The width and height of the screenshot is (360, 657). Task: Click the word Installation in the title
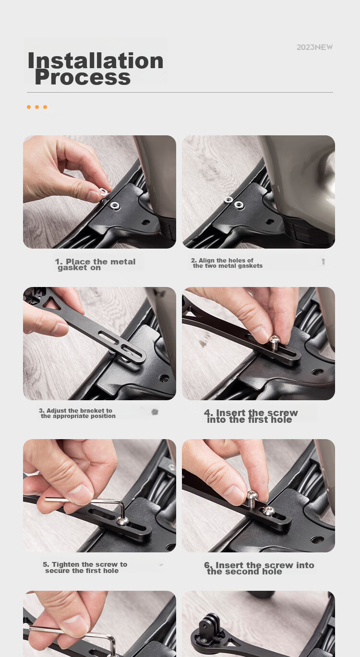[x=96, y=61]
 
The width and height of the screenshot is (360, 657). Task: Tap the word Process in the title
[x=83, y=77]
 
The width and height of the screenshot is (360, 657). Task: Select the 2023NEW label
[x=314, y=47]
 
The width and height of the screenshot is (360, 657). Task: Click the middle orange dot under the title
[x=37, y=107]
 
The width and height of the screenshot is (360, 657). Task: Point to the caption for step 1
[x=95, y=264]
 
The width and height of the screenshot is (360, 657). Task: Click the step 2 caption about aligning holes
[x=227, y=263]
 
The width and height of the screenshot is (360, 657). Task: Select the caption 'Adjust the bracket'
[x=77, y=413]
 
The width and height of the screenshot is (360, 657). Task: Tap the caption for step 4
[x=251, y=416]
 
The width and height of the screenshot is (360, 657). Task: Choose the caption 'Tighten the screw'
[x=85, y=568]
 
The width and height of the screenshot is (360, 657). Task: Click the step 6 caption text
[x=259, y=568]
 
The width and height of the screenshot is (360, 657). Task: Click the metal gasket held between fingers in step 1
[x=103, y=192]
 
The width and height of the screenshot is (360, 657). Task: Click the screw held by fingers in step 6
[x=252, y=498]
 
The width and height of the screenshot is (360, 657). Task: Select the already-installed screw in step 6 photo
[x=269, y=511]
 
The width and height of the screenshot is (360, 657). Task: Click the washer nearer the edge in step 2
[x=228, y=200]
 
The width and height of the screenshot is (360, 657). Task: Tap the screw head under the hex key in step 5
[x=123, y=521]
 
